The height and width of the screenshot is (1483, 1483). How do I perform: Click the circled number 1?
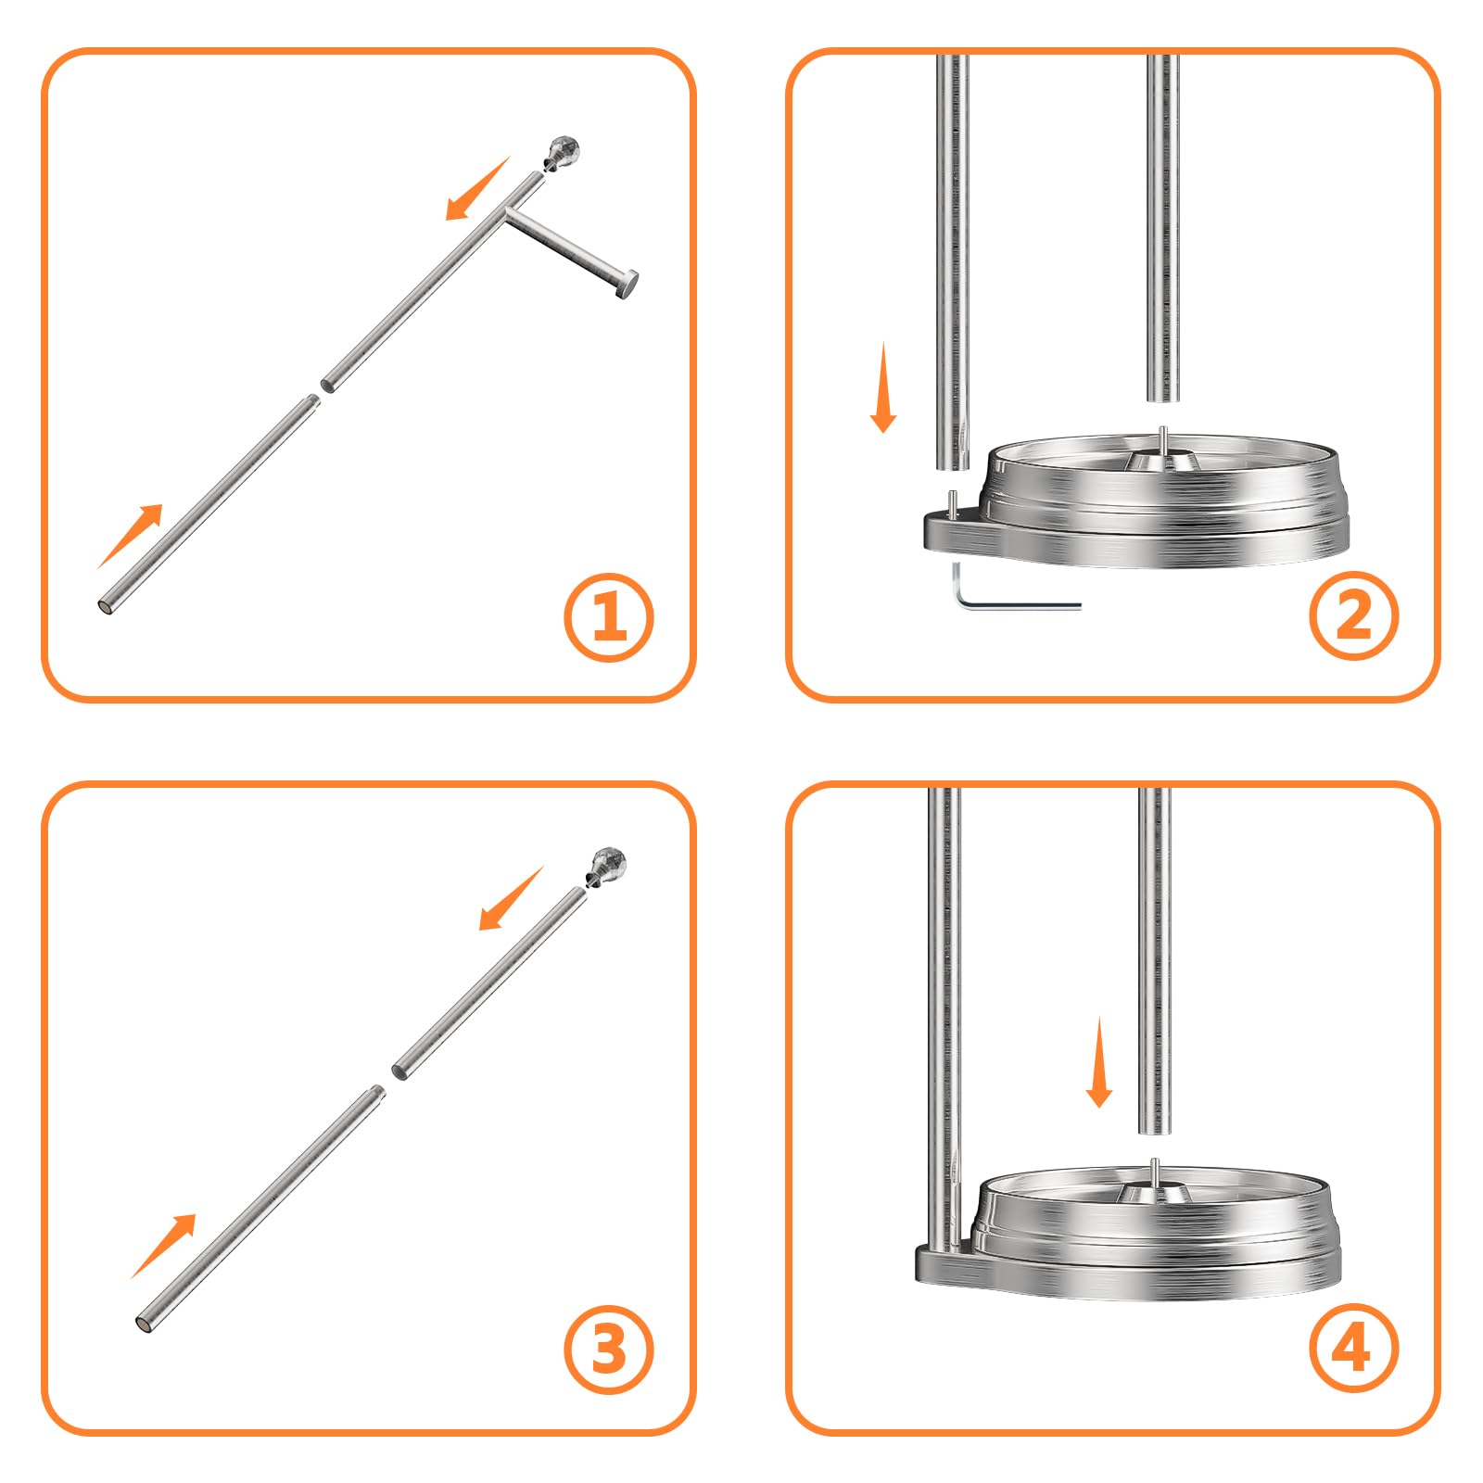[x=609, y=617]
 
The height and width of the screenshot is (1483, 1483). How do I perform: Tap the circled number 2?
[x=1353, y=615]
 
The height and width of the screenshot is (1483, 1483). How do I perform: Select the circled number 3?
[x=609, y=1350]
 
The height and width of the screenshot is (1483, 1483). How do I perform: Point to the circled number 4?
[x=1353, y=1348]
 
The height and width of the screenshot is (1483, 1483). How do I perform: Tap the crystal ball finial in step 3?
[x=607, y=864]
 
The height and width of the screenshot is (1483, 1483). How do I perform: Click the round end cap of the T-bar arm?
[x=627, y=284]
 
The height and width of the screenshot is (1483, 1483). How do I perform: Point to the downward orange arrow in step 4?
[x=1099, y=1062]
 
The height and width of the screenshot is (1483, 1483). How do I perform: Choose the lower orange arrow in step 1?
[x=130, y=536]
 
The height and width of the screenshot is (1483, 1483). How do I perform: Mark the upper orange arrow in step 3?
[x=511, y=898]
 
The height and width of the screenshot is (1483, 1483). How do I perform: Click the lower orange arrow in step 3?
[x=164, y=1246]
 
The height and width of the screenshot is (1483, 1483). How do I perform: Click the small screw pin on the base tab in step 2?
[x=952, y=501]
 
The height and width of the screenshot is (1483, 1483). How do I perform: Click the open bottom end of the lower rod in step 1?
[x=107, y=607]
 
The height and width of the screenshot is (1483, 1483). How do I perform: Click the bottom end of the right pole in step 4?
[x=1155, y=1130]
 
